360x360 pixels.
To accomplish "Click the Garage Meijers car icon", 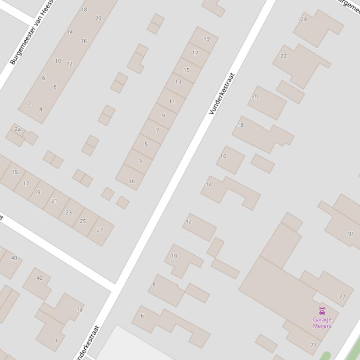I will [322, 311].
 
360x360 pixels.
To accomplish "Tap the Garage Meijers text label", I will [322, 323].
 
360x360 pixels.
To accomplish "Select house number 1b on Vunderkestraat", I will [132, 181].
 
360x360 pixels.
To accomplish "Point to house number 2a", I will [18, 129].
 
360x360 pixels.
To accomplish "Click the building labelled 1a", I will [80, 310].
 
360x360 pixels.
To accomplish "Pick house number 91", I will [351, 234].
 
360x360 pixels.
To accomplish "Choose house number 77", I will [342, 296].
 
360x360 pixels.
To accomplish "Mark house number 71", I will [313, 345].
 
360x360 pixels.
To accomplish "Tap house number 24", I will [304, 19].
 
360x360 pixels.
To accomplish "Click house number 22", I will [284, 56].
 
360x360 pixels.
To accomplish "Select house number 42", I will [40, 278].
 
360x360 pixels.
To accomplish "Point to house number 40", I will [14, 258].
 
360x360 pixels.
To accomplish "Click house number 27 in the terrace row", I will [100, 230].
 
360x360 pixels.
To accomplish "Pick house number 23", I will [69, 212].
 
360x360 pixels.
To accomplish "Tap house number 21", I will [54, 201].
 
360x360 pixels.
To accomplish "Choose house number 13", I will [178, 81].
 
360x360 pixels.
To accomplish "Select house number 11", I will [172, 101].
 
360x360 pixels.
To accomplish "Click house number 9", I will [163, 115].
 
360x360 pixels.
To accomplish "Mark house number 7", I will [158, 130].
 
